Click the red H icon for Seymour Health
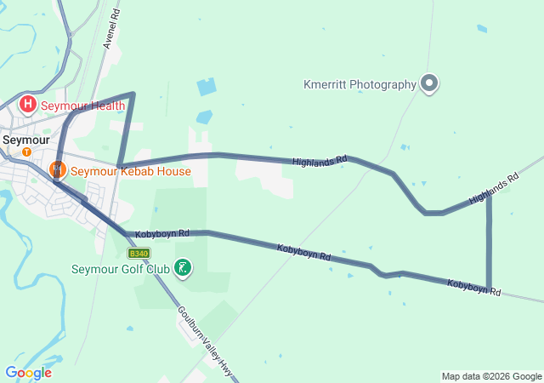tap(28, 105)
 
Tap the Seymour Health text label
tap(83, 106)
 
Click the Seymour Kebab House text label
tap(130, 170)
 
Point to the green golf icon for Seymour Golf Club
tap(182, 269)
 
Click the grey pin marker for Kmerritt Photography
tap(430, 83)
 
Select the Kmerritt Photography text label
tap(360, 84)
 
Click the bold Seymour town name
tap(25, 139)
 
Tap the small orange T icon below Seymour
tap(26, 151)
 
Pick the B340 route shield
tap(139, 253)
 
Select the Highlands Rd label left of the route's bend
tap(320, 161)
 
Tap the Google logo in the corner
tap(28, 373)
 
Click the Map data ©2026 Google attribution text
tap(491, 376)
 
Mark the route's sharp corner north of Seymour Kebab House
tap(133, 94)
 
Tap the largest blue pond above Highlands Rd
tap(207, 87)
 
